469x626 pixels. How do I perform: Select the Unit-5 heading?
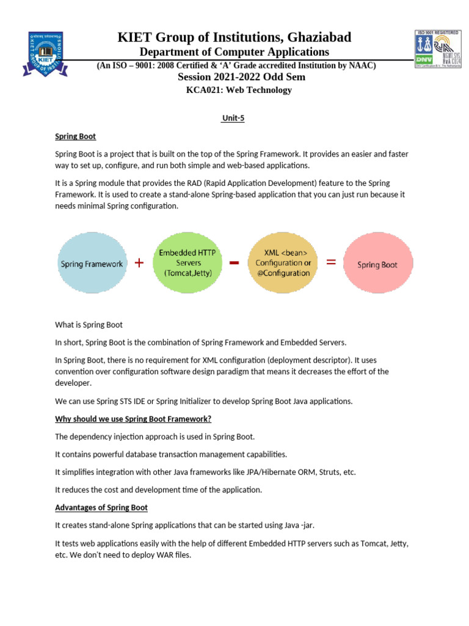click(x=233, y=119)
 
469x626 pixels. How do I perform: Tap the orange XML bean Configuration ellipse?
click(x=283, y=262)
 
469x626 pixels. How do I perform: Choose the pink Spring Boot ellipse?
click(x=377, y=264)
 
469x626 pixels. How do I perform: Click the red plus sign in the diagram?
click(x=139, y=263)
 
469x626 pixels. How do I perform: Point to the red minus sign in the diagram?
click(x=234, y=263)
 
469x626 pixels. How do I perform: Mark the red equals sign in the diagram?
click(x=331, y=262)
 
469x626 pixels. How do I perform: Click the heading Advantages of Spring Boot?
click(x=101, y=507)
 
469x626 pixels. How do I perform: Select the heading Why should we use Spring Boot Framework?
click(x=133, y=419)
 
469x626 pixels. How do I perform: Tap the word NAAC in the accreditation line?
click(x=361, y=65)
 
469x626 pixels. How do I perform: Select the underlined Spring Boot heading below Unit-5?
click(x=76, y=136)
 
